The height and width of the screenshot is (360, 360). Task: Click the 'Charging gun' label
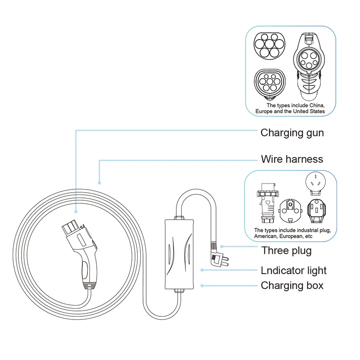pyautogui.click(x=292, y=133)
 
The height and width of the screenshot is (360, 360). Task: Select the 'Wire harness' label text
pyautogui.click(x=292, y=159)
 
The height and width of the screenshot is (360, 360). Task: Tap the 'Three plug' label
pyautogui.click(x=286, y=250)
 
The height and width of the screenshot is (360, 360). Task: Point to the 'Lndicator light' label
pyautogui.click(x=293, y=270)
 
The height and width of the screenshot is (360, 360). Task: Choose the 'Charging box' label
pyautogui.click(x=292, y=285)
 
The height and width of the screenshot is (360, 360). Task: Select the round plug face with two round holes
pyautogui.click(x=289, y=211)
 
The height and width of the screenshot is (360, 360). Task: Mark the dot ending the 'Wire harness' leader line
pyautogui.click(x=99, y=183)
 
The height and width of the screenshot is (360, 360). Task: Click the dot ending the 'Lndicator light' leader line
pyautogui.click(x=202, y=270)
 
